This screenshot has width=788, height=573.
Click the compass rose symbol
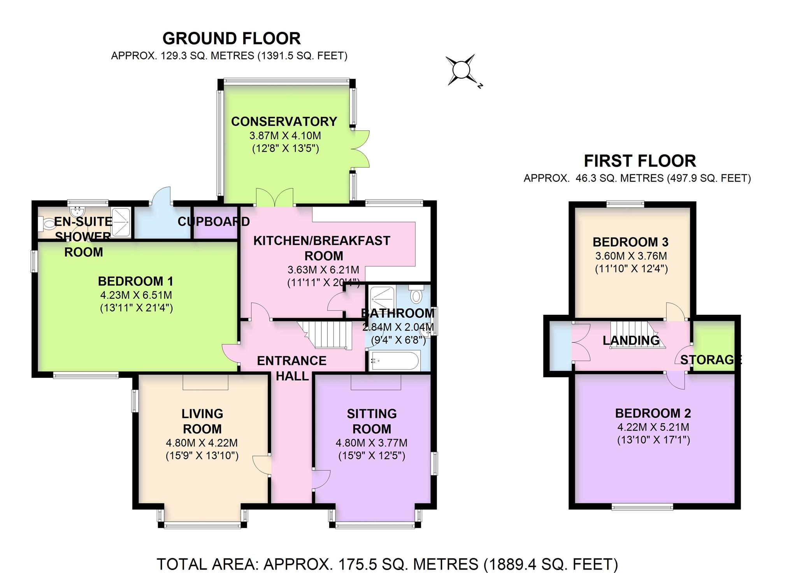[462, 70]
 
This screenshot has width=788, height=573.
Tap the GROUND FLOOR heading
[232, 39]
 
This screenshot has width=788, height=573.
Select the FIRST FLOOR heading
[640, 161]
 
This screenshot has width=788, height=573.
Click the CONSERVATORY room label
[284, 121]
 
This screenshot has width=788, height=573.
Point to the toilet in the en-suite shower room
[47, 224]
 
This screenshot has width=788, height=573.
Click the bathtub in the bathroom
[394, 361]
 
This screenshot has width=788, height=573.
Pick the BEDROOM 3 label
[630, 242]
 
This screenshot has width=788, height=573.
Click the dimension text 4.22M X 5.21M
[653, 427]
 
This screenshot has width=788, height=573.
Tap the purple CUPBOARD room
[215, 230]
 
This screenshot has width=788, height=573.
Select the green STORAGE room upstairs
[714, 346]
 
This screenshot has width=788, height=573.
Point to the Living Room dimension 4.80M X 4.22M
[202, 443]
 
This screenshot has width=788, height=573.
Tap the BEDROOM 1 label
[135, 281]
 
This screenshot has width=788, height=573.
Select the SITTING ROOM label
[372, 421]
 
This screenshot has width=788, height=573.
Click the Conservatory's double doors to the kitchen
[275, 198]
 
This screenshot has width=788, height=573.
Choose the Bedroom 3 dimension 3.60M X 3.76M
[631, 256]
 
